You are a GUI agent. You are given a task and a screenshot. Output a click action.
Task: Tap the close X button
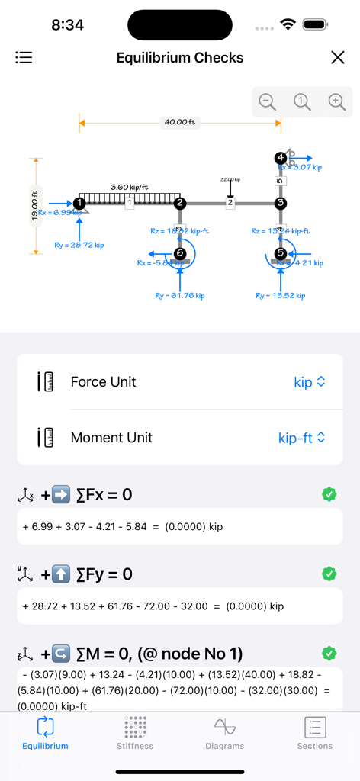pos(337,58)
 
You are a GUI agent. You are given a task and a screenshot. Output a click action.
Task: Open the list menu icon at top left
pos(24,57)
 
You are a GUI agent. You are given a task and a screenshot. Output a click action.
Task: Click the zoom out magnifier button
pos(267,101)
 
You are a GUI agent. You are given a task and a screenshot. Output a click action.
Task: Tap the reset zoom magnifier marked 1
pos(302,101)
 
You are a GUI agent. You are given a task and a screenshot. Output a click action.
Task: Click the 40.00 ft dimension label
pos(179,122)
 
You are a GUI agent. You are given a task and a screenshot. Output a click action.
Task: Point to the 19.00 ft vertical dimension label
pos(34,207)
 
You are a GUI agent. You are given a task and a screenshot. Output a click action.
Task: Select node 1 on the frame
pos(79,203)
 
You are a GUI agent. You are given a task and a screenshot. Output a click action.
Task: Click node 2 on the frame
pos(180,203)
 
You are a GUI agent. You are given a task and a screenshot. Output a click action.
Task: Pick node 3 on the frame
pos(281,203)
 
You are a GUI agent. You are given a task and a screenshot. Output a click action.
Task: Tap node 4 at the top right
pos(281,158)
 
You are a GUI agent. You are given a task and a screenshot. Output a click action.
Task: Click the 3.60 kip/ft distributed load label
pos(130,187)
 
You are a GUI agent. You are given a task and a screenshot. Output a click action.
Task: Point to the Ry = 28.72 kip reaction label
pos(79,245)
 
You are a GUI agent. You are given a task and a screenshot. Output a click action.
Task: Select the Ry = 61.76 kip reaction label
pos(180,295)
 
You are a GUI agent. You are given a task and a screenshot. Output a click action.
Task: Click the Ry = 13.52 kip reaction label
pos(281,295)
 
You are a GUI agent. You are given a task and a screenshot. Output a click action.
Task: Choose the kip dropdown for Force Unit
pos(310,382)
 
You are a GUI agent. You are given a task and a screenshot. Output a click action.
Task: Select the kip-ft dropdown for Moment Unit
pos(302,438)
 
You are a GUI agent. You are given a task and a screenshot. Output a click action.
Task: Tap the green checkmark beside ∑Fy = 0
pos(329,574)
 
